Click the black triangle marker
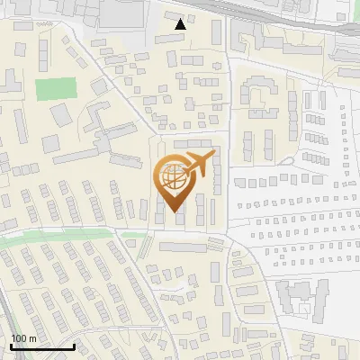pyautogui.click(x=181, y=24)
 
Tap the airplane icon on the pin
pyautogui.click(x=196, y=165)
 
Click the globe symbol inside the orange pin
pyautogui.click(x=173, y=177)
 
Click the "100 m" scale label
pyautogui.click(x=24, y=337)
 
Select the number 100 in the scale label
pyautogui.click(x=20, y=337)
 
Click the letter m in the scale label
pyautogui.click(x=33, y=337)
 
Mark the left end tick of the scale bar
pyautogui.click(x=10, y=346)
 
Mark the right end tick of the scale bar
pyautogui.click(x=74, y=346)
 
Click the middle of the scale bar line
pyautogui.click(x=41, y=347)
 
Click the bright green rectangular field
pyautogui.click(x=56, y=90)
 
